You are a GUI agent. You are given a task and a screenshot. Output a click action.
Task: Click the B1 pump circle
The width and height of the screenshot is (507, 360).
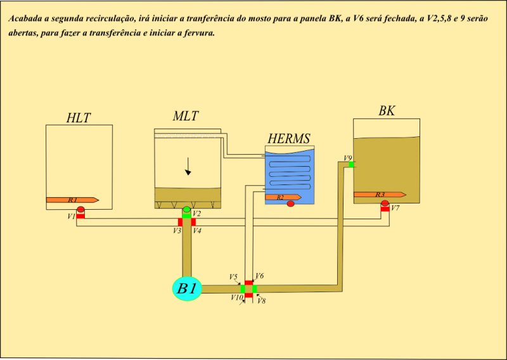(187, 288)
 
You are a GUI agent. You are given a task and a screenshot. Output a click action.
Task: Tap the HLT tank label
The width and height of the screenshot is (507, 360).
(78, 118)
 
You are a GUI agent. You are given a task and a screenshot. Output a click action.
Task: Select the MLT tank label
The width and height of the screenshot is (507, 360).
(186, 116)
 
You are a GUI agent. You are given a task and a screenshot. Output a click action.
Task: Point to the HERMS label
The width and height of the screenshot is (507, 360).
(288, 138)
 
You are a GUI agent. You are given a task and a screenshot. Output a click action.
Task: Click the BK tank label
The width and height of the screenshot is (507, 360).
(387, 111)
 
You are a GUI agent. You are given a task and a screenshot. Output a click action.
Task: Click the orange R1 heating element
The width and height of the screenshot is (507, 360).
(72, 200)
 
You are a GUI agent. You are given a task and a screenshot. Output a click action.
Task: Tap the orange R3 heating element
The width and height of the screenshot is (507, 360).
(380, 195)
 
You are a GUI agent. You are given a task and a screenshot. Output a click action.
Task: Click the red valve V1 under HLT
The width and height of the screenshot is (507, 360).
(80, 216)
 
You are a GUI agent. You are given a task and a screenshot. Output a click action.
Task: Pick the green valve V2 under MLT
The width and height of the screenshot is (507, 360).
(186, 215)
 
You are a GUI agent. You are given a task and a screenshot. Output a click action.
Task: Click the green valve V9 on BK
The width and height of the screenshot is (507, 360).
(352, 164)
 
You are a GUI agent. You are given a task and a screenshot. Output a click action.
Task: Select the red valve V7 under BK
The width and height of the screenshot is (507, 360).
(385, 209)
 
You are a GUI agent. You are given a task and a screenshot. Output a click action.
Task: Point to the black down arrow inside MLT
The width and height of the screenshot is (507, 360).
(188, 166)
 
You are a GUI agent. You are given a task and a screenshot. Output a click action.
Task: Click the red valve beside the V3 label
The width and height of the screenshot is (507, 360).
(180, 222)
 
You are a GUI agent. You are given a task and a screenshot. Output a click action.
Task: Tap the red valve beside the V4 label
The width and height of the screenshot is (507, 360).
(193, 222)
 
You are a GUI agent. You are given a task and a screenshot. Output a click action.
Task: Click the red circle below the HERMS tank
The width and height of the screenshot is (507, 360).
(291, 203)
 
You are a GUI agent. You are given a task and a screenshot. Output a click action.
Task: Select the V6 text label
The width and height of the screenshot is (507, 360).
(259, 276)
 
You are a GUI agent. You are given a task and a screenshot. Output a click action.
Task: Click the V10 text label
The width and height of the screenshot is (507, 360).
(237, 297)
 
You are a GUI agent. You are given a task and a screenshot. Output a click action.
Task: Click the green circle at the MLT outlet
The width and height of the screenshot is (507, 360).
(186, 209)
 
